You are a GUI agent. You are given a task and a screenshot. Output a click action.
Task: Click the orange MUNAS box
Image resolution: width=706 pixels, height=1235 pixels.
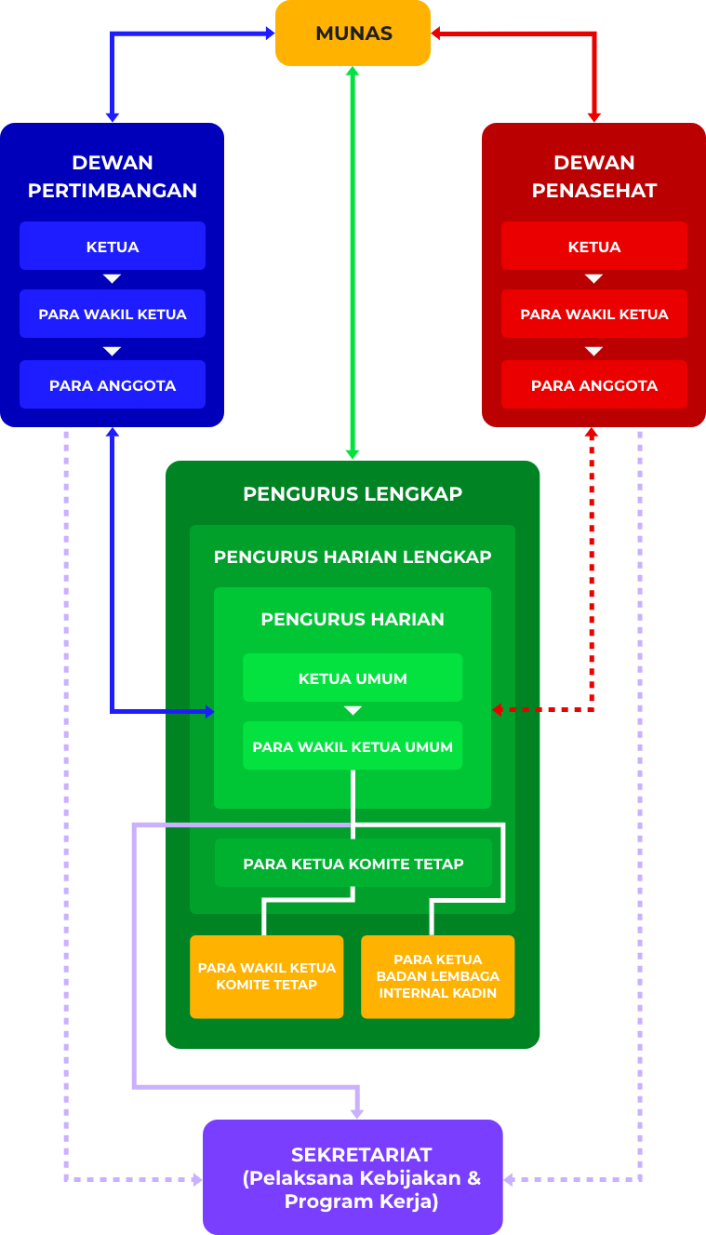[353, 34]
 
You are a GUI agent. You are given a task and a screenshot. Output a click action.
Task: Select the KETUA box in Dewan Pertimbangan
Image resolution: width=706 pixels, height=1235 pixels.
[113, 247]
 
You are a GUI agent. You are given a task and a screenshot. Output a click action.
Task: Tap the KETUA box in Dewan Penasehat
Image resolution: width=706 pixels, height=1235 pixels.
[593, 247]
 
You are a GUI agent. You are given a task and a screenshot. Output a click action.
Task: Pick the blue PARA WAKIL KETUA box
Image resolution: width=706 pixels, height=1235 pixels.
[113, 315]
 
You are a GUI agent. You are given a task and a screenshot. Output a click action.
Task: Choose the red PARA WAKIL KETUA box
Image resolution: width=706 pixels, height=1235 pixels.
[593, 315]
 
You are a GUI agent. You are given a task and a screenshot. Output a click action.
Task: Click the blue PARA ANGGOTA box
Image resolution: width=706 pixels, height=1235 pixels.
[113, 385]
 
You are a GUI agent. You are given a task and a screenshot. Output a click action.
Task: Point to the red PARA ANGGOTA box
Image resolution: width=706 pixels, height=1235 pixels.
[593, 385]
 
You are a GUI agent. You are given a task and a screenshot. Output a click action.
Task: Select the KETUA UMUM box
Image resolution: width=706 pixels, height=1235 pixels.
[353, 678]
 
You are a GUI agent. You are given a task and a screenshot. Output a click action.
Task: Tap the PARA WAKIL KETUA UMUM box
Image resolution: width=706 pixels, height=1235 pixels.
[353, 746]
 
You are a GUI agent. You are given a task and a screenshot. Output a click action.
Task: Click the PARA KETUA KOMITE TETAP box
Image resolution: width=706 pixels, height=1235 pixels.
[353, 865]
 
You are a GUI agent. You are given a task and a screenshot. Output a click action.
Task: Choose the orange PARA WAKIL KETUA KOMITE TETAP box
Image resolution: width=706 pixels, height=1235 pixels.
[267, 976]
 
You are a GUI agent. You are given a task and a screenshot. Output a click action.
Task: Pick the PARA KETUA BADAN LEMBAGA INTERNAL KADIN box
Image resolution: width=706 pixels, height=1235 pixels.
[437, 976]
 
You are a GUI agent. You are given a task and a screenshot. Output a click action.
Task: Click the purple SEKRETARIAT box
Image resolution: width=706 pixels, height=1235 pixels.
[353, 1177]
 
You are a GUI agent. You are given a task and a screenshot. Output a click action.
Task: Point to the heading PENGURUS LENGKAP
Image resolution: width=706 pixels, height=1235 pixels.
[353, 493]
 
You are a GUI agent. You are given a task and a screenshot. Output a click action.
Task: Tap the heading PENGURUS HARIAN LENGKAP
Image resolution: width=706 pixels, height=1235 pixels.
[353, 557]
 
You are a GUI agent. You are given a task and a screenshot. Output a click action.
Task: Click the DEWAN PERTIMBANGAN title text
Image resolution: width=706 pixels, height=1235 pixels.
[113, 176]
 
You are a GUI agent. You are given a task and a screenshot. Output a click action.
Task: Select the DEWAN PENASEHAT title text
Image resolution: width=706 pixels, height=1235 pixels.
[593, 176]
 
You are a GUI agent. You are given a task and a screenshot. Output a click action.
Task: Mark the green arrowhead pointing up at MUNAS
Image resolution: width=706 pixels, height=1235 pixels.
[353, 72]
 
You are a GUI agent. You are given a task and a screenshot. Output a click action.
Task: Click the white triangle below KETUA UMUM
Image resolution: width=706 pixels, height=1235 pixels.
[353, 711]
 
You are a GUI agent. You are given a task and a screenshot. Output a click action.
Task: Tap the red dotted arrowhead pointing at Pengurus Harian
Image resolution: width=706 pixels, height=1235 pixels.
[498, 710]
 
